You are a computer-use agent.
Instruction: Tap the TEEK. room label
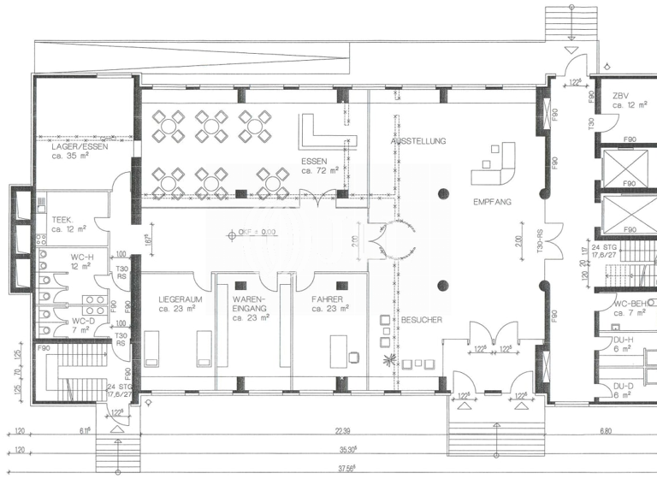62,219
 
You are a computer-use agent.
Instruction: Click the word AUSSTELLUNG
417,139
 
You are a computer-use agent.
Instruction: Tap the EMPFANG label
492,202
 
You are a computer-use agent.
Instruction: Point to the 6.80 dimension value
605,432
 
